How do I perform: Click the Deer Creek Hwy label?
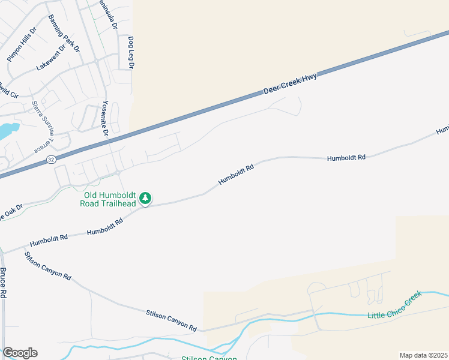click(x=291, y=83)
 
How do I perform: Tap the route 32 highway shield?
click(x=52, y=159)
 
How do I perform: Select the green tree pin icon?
click(x=145, y=198)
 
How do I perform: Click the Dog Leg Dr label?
click(x=130, y=52)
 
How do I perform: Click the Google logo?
click(x=20, y=353)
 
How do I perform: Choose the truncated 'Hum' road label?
click(x=443, y=129)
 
